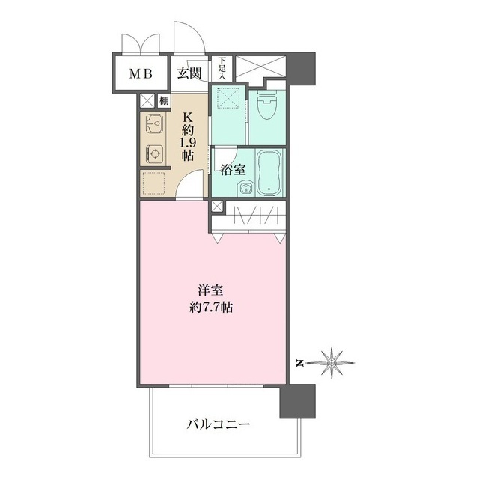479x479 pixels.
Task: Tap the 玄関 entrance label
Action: point(190,73)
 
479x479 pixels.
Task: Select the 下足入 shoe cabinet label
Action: point(222,70)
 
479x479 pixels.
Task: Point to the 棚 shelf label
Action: point(163,100)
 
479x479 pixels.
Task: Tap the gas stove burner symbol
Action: point(154,153)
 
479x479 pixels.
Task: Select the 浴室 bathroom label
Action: point(233,169)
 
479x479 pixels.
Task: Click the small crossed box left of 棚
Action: point(147,100)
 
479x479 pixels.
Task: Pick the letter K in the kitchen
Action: point(189,116)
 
